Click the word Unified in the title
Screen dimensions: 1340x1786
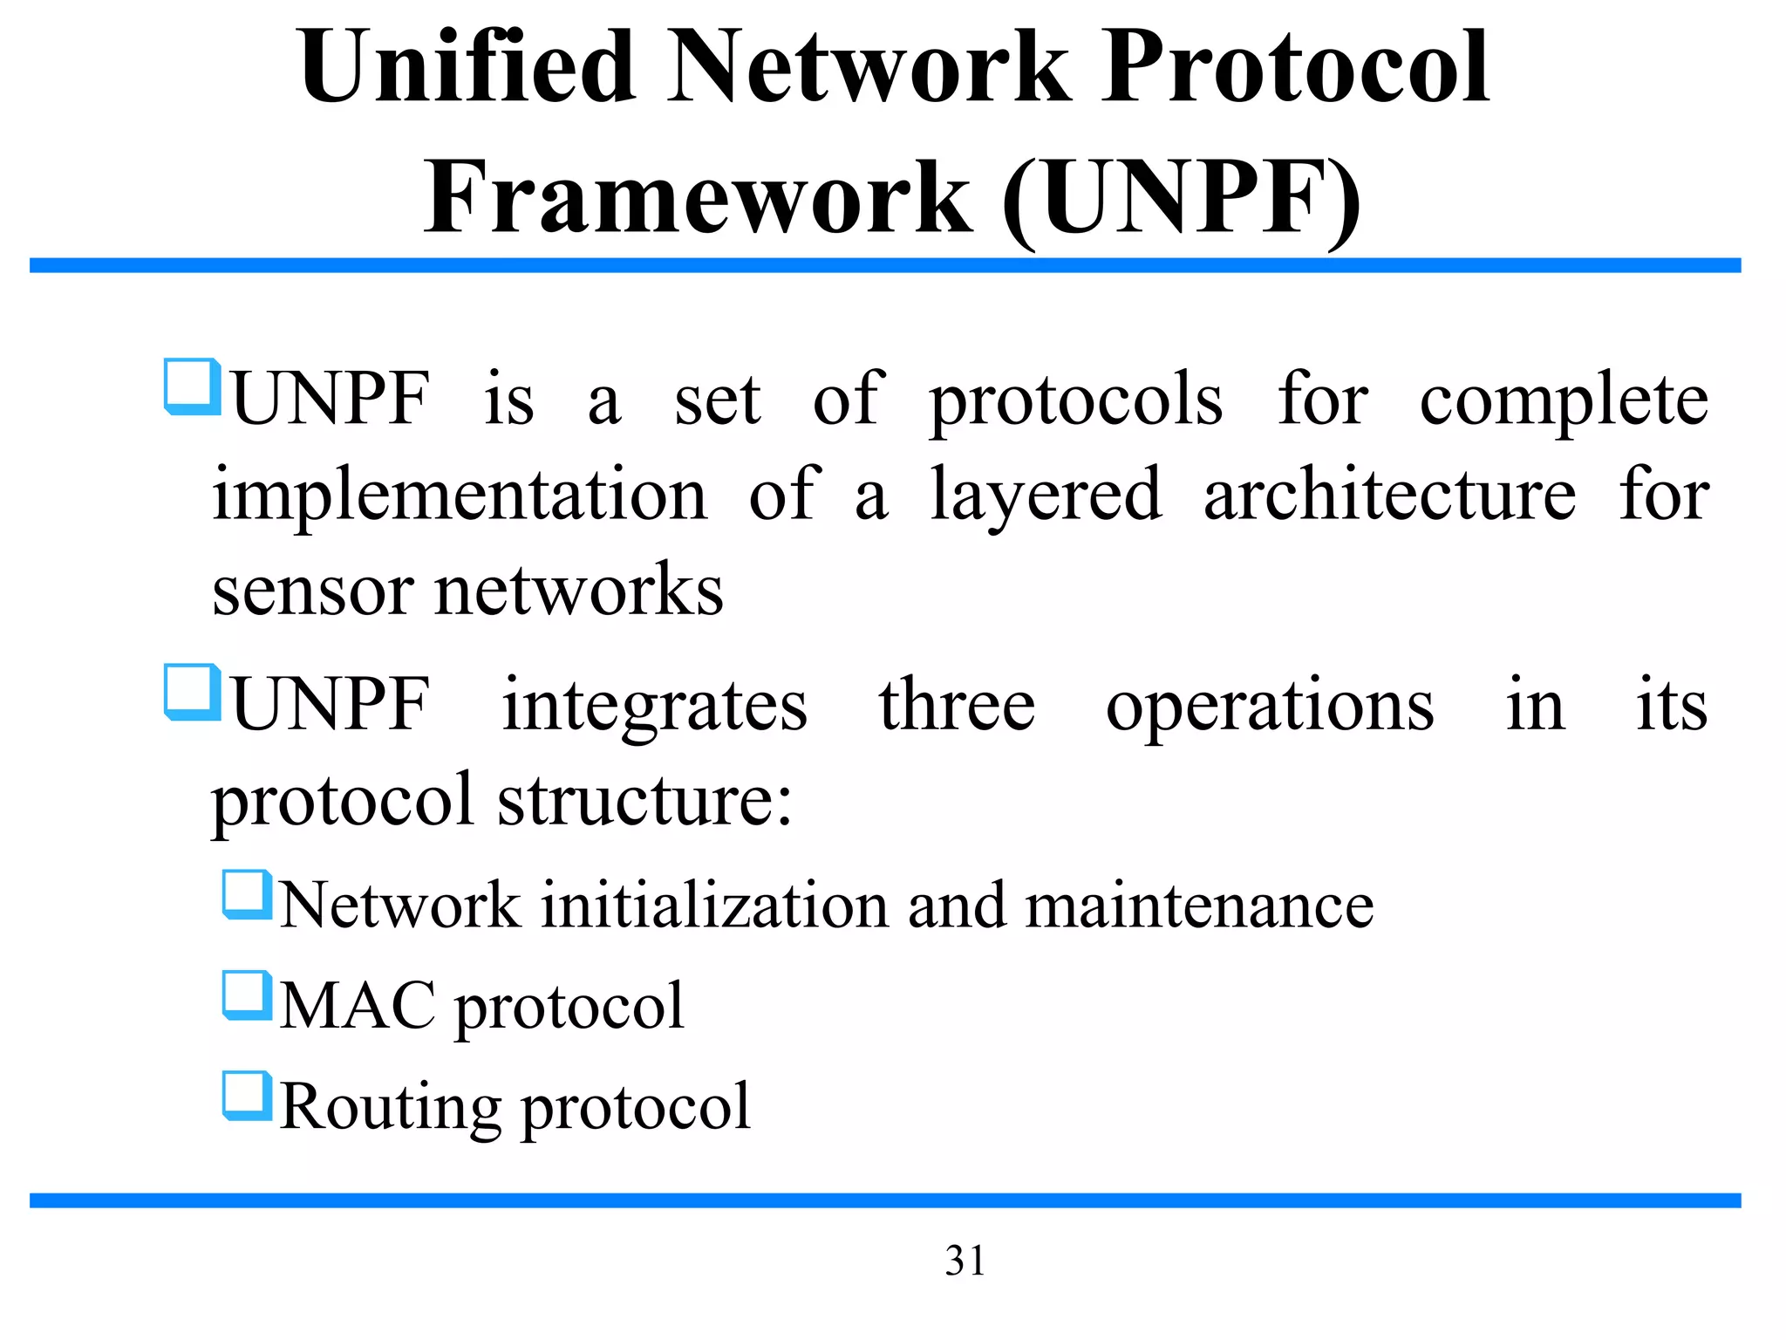[466, 68]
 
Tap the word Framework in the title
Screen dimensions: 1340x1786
[698, 199]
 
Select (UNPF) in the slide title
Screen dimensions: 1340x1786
[1182, 199]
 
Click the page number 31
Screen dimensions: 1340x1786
[965, 1261]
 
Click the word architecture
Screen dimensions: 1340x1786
[1389, 496]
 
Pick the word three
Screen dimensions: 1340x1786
[957, 705]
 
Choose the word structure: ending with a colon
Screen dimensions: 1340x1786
[644, 801]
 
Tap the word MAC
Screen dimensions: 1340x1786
[358, 1006]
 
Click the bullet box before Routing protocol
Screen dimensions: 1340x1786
[247, 1096]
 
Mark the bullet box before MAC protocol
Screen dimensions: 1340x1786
[247, 995]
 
